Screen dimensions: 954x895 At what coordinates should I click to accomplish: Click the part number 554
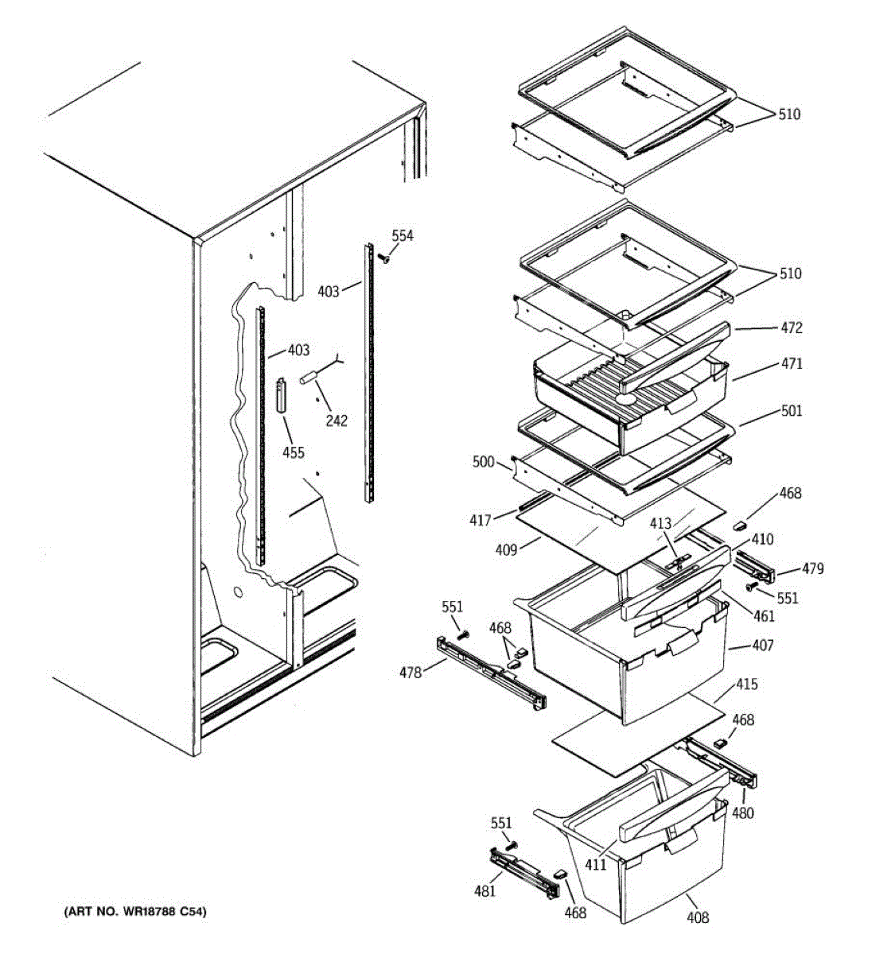pyautogui.click(x=403, y=235)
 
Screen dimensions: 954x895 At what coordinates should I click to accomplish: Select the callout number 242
pyautogui.click(x=337, y=421)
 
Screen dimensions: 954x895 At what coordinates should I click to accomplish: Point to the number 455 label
pyautogui.click(x=294, y=452)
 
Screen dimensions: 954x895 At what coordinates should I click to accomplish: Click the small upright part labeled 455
pyautogui.click(x=280, y=395)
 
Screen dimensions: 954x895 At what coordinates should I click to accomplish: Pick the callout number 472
pyautogui.click(x=792, y=328)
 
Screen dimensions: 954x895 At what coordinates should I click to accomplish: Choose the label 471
pyautogui.click(x=792, y=363)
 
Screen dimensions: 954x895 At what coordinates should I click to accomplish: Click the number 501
pyautogui.click(x=792, y=411)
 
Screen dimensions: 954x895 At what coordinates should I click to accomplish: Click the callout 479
pyautogui.click(x=812, y=568)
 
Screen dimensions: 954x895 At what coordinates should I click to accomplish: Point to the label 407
pyautogui.click(x=762, y=645)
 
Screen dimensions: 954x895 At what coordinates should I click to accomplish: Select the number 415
pyautogui.click(x=747, y=684)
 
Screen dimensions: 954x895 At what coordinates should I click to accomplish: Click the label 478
pyautogui.click(x=411, y=673)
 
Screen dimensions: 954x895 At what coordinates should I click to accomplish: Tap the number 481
pyautogui.click(x=484, y=890)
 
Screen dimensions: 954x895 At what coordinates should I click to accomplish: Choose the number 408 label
pyautogui.click(x=697, y=918)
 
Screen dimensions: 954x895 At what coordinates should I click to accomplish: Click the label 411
pyautogui.click(x=596, y=864)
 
